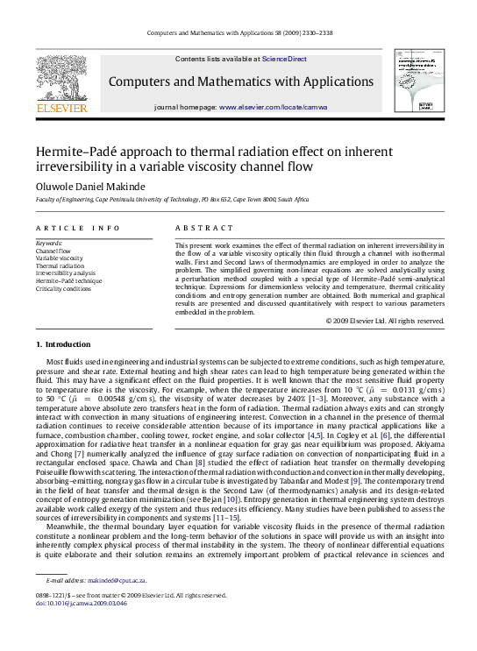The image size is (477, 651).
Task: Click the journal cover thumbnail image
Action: (x=416, y=82)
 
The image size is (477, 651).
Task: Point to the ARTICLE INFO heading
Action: (x=78, y=228)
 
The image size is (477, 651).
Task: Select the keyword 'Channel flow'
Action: (x=53, y=251)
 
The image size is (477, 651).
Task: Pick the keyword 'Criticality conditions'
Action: (x=63, y=288)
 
